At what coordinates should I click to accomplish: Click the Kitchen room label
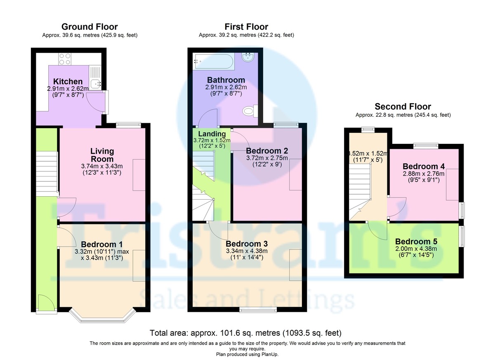[x=68, y=82]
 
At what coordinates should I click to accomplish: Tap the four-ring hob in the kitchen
[x=65, y=59]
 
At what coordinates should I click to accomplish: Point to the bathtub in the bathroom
[x=213, y=61]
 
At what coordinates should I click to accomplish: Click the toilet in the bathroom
[x=250, y=111]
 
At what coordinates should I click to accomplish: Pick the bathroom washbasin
[x=248, y=57]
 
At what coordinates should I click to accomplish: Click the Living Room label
[x=102, y=155]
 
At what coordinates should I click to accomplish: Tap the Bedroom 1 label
[x=101, y=244]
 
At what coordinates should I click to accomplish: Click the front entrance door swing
[x=46, y=302]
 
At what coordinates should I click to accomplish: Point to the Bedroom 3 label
[x=247, y=244]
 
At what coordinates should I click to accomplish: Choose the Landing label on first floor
[x=212, y=134]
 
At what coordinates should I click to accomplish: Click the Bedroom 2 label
[x=267, y=151]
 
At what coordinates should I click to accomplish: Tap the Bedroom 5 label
[x=416, y=241]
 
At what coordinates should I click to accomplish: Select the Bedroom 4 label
[x=424, y=166]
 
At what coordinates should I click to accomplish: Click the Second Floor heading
[x=403, y=107]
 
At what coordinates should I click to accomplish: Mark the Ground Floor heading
[x=90, y=27]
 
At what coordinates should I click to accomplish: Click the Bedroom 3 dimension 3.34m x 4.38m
[x=247, y=251]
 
